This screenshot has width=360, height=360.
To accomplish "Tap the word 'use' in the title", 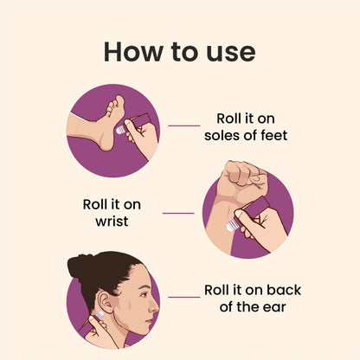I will [228, 52].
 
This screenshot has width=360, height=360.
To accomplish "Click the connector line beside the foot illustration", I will [183, 126].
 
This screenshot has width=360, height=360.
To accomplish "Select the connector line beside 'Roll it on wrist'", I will [178, 212].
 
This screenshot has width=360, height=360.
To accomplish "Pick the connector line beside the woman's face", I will [183, 297].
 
